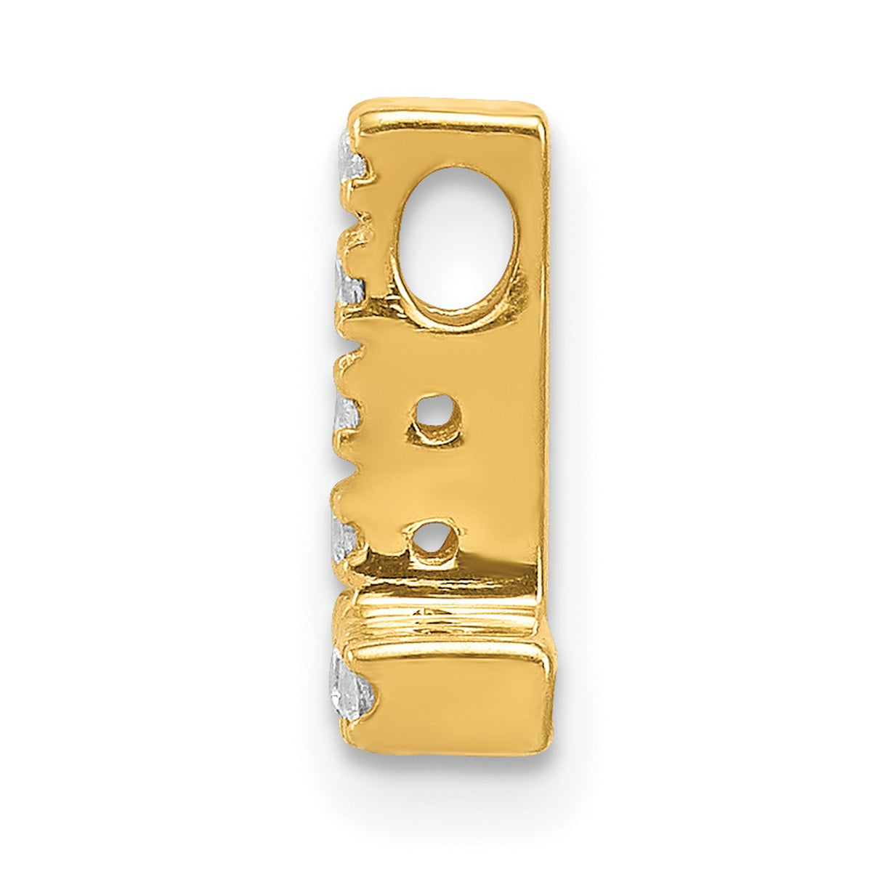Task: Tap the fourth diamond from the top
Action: [344, 536]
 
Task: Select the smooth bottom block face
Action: [458, 694]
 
